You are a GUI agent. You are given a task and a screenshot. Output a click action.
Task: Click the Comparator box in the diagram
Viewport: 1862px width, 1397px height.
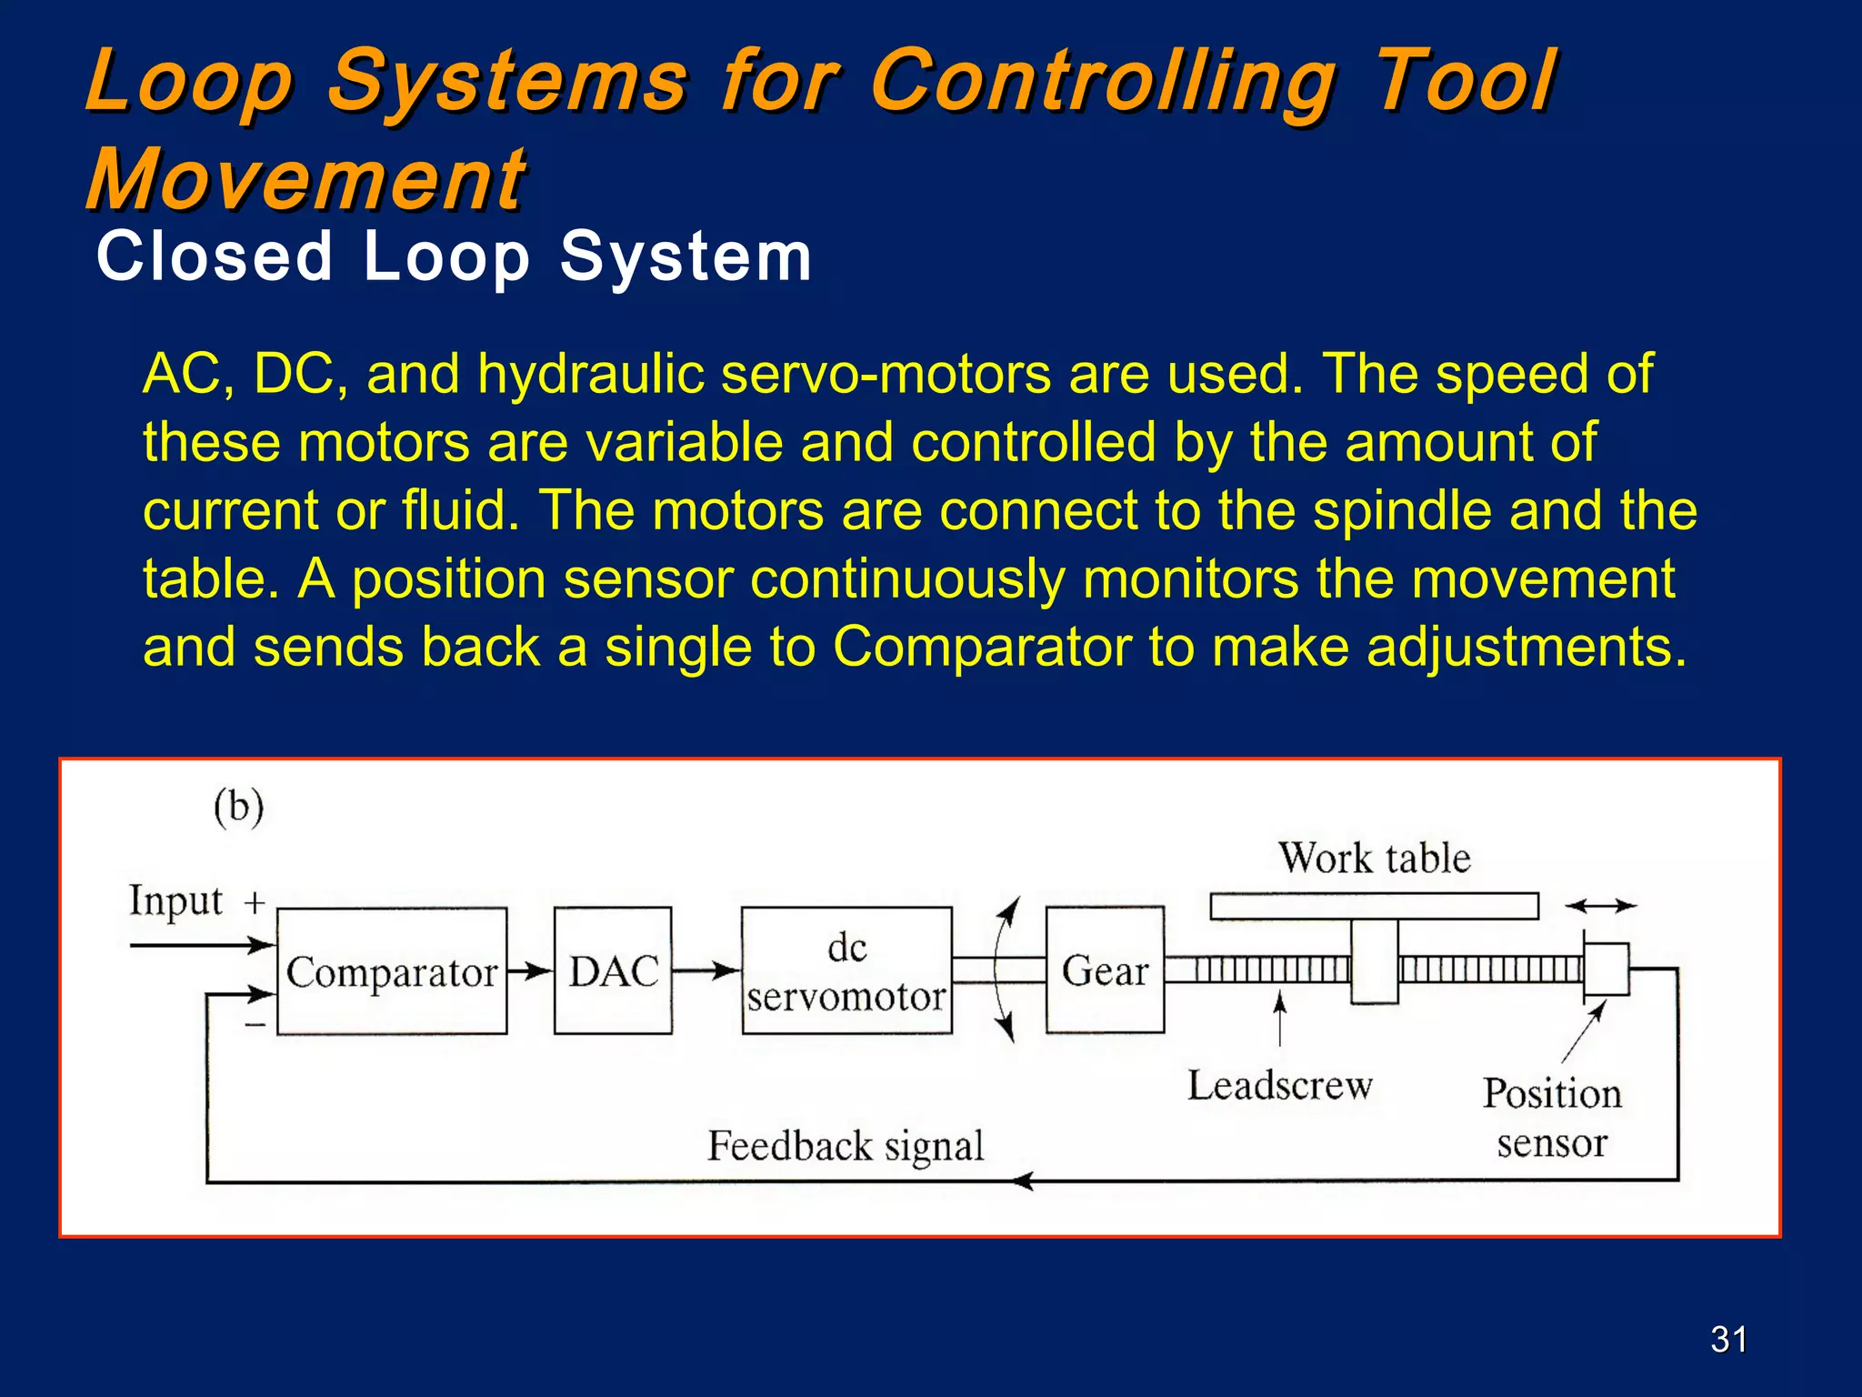click(x=392, y=971)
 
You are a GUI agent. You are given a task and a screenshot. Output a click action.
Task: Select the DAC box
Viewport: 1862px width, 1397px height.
click(x=614, y=971)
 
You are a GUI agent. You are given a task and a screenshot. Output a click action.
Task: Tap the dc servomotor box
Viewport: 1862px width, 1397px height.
click(x=846, y=971)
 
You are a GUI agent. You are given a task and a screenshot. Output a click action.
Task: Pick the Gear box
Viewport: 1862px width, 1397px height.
click(x=1105, y=970)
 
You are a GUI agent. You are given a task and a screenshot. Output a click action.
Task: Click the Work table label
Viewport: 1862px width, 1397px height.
click(x=1374, y=859)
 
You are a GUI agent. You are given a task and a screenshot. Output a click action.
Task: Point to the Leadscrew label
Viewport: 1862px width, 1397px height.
click(x=1279, y=1085)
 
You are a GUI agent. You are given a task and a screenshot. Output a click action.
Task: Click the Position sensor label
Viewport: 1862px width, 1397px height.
click(x=1552, y=1118)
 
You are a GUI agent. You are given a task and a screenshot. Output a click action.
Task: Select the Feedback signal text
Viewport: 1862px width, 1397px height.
click(x=846, y=1146)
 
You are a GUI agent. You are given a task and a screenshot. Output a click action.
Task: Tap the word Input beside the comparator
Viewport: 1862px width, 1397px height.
click(x=175, y=901)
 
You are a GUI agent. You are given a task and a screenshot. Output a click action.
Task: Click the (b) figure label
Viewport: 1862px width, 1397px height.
click(x=239, y=807)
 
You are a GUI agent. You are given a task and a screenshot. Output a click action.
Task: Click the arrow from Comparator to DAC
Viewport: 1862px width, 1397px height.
click(x=530, y=971)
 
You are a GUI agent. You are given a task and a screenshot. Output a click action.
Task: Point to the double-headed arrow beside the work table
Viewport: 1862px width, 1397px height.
click(x=1600, y=906)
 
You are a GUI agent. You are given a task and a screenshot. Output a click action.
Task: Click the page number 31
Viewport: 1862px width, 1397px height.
click(x=1728, y=1340)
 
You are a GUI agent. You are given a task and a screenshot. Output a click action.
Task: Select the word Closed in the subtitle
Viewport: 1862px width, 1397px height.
click(x=215, y=257)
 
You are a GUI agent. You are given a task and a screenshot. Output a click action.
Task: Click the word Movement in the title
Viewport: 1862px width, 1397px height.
click(x=305, y=178)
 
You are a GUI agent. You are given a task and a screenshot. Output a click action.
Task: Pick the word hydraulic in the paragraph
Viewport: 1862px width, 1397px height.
click(x=591, y=374)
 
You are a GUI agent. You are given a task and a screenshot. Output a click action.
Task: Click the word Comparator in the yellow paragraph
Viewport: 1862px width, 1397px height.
click(x=982, y=648)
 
